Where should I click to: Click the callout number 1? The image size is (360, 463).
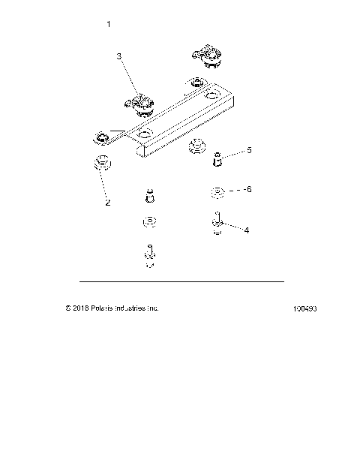(x=109, y=25)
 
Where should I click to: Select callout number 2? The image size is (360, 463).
(x=107, y=202)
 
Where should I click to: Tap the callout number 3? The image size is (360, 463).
(x=119, y=56)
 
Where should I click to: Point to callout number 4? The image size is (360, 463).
(x=247, y=231)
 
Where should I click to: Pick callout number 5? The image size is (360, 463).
(x=249, y=151)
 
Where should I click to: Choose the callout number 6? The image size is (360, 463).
(x=249, y=189)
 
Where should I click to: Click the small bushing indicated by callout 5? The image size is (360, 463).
(x=218, y=158)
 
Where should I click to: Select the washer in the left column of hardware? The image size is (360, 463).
(x=148, y=222)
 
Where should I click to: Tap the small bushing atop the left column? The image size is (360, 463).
(x=148, y=195)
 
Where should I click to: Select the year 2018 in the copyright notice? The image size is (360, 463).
(x=81, y=308)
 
